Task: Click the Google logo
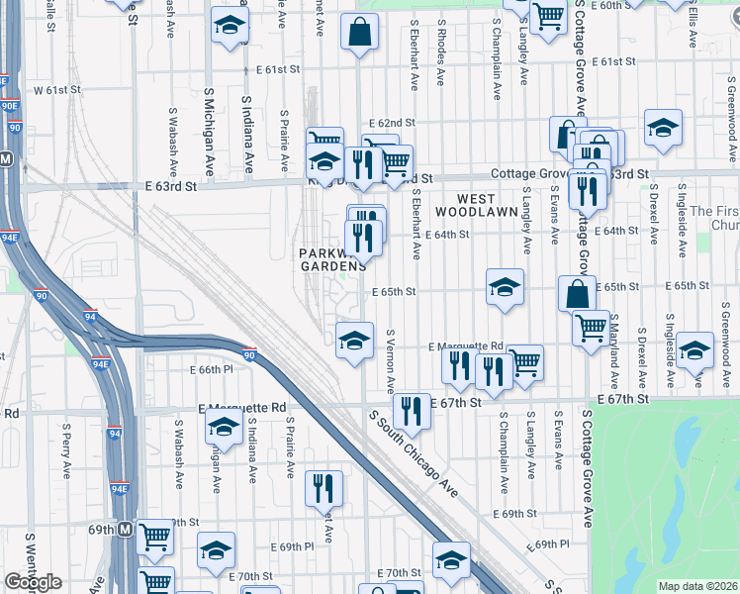point(33,582)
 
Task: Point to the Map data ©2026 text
point(697,586)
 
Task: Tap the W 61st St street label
point(56,90)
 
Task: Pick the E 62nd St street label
point(393,122)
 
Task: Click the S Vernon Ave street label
point(391,361)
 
